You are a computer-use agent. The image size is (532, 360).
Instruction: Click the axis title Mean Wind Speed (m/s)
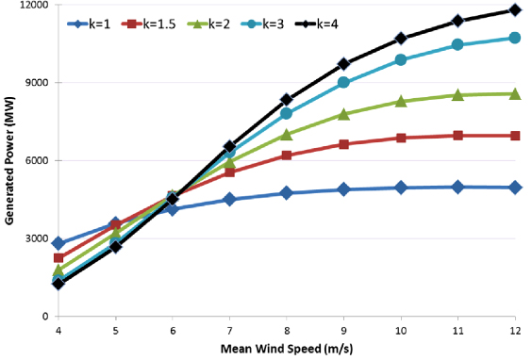286,350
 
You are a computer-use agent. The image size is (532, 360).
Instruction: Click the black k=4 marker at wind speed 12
514,10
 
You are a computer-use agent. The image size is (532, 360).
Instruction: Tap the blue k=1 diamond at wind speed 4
58,243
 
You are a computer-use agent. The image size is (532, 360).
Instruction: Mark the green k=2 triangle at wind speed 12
514,93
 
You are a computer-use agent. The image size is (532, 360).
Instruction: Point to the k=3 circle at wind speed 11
457,44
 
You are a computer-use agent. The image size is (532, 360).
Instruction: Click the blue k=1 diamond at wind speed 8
286,193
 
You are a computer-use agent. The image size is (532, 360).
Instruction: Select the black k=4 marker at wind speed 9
343,64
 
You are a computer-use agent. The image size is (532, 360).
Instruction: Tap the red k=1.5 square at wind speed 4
58,258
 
